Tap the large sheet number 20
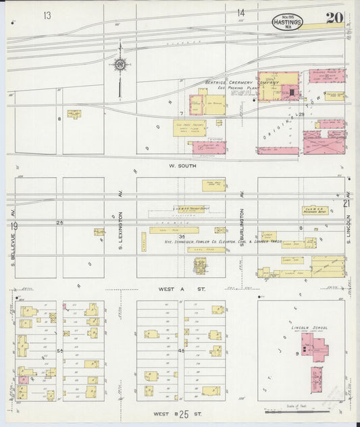point(334,18)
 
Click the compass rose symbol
point(120,65)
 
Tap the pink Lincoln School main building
point(315,350)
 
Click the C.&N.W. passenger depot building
point(315,211)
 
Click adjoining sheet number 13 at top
point(47,15)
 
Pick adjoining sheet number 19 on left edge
point(14,226)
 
